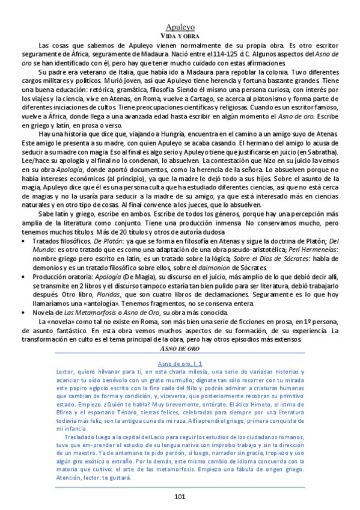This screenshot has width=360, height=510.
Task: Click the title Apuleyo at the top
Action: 180,27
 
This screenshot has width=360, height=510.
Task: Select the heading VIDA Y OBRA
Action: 180,36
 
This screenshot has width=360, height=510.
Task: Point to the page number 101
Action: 180,496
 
